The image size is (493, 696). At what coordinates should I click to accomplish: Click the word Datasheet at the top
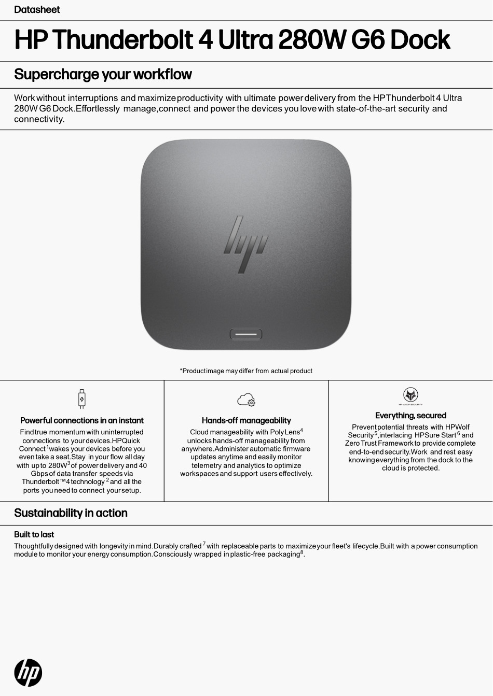pos(37,10)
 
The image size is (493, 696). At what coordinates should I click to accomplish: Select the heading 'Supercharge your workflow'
pos(103,75)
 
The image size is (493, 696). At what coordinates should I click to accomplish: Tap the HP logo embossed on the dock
pos(245,244)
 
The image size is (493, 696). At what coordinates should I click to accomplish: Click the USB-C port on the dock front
pos(246,334)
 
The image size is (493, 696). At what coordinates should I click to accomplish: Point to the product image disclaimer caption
pos(246,371)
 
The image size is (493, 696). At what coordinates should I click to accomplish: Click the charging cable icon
pos(81,399)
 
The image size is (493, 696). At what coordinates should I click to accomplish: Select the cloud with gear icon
pos(246,400)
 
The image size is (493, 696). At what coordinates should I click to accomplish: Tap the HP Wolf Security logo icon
pos(410,395)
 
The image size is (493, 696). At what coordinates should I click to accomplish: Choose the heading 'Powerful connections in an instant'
pos(81,420)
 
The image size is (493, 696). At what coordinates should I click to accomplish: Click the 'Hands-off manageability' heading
pos(246,420)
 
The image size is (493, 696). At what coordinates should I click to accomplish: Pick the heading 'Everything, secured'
pos(410,416)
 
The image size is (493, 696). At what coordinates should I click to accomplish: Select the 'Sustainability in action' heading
pos(71,513)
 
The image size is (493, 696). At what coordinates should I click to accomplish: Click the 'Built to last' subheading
pos(34,534)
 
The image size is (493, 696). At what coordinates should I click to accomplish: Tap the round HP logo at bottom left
pos(28,673)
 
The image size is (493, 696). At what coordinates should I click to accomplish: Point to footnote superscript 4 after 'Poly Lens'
pos(302,430)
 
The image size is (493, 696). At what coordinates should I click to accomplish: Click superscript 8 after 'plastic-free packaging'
pos(302,552)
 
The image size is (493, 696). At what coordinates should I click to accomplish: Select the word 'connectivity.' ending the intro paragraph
pos(39,119)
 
